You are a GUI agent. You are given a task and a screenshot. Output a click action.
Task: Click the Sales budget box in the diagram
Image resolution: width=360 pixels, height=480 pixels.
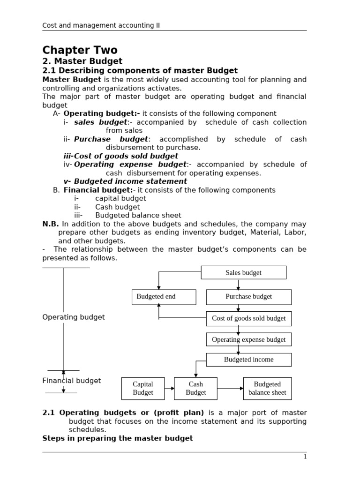[243, 272]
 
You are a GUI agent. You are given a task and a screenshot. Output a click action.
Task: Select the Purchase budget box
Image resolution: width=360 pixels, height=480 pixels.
[248, 297]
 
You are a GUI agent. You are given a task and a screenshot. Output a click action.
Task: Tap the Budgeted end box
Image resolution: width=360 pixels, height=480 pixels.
[157, 297]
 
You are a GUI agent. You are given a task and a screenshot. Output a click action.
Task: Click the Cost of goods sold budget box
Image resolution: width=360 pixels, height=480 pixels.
[248, 318]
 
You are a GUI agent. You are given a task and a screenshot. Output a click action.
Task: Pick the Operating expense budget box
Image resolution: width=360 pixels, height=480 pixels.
[248, 339]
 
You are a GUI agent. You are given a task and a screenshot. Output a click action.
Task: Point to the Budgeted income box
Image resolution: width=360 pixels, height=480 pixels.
[248, 360]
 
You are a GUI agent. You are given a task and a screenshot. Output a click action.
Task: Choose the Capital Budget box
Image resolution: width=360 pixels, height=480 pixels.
[143, 388]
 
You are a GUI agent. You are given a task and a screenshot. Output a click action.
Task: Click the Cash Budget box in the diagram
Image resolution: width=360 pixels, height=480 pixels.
[195, 388]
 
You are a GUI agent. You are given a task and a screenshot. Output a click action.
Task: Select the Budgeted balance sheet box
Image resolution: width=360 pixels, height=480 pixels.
[267, 388]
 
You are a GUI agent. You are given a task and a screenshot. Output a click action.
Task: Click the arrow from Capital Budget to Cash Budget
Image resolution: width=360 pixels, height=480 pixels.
[169, 388]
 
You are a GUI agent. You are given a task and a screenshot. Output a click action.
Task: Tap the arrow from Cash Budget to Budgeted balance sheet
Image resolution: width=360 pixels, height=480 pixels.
[230, 388]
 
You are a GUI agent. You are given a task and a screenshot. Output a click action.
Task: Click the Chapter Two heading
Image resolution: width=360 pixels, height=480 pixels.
[80, 50]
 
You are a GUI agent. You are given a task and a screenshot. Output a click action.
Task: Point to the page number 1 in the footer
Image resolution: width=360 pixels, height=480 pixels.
[305, 457]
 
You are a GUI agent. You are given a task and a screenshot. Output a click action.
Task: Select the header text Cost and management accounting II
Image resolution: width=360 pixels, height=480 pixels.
[101, 25]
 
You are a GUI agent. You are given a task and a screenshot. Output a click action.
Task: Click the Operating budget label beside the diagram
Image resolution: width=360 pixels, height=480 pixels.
[74, 317]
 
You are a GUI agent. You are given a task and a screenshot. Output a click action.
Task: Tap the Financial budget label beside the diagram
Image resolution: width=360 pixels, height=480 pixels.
[71, 381]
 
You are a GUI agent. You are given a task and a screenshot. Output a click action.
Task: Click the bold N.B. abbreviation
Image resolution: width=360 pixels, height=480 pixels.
[50, 224]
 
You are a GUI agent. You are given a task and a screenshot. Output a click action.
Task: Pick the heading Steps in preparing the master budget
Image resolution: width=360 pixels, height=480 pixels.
[117, 438]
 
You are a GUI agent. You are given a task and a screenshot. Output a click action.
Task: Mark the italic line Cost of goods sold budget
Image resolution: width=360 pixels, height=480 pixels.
[120, 156]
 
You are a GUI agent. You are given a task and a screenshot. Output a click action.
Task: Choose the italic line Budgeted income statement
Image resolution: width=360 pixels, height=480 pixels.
[125, 181]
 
